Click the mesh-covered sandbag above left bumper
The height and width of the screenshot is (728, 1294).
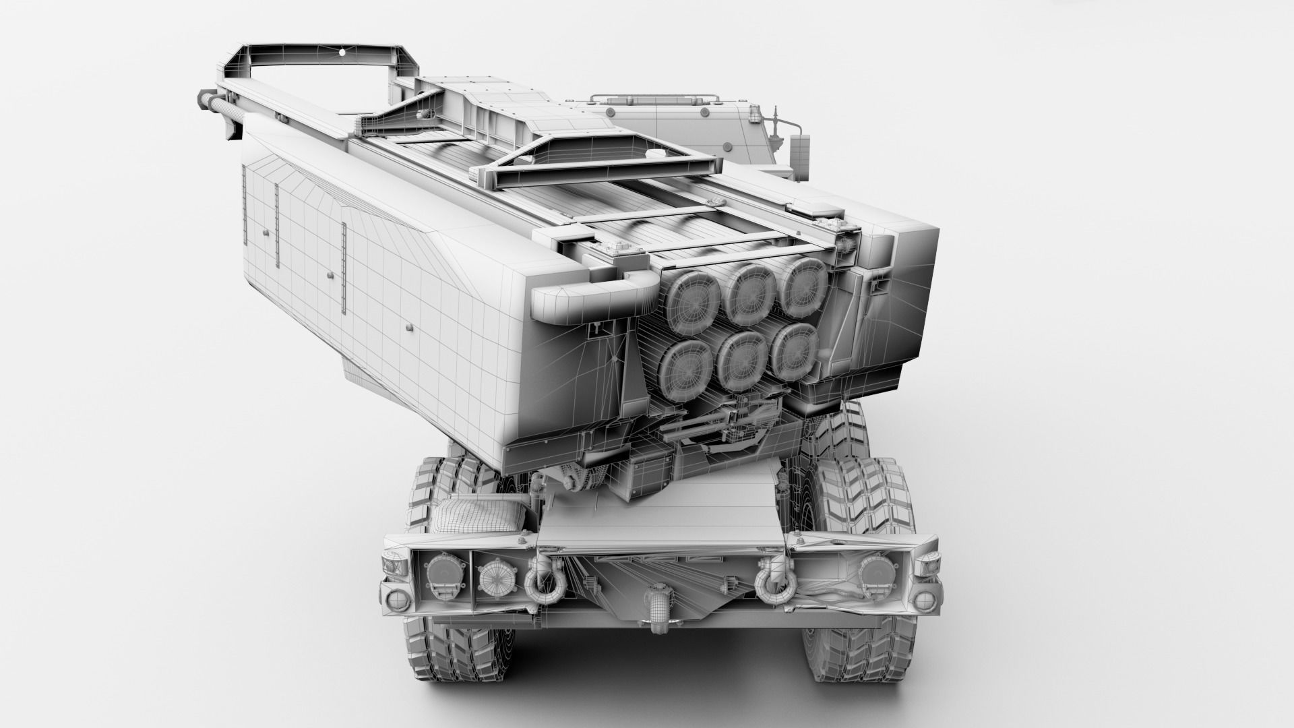(466, 514)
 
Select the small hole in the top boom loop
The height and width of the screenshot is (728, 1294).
(342, 52)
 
